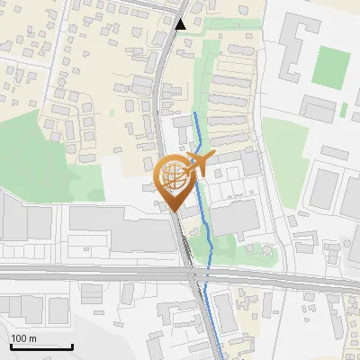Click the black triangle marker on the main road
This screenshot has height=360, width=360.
(x=183, y=24)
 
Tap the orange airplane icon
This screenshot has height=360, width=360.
(x=199, y=163)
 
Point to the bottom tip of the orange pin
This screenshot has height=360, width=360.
(x=174, y=211)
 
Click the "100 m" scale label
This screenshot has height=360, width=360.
(x=23, y=338)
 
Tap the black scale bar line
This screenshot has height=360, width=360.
(x=40, y=346)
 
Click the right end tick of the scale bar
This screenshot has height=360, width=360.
(x=72, y=345)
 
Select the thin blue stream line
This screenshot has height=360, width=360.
(x=208, y=234)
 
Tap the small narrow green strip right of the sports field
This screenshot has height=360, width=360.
(x=344, y=111)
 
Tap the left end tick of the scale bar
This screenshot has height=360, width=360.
(x=10, y=345)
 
